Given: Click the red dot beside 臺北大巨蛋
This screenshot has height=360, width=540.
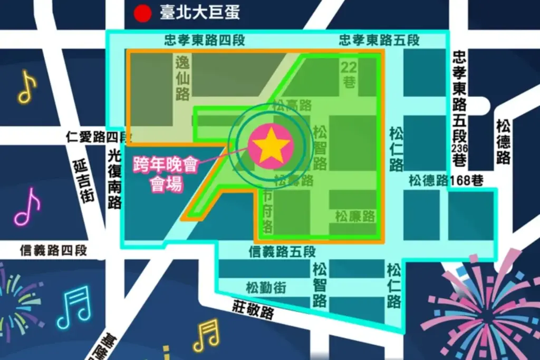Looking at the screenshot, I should click(x=142, y=14).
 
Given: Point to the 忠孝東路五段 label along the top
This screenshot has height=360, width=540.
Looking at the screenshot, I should click(x=379, y=41).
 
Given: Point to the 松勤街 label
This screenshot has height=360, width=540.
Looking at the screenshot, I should click(x=266, y=288).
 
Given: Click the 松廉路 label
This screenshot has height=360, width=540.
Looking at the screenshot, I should click(x=354, y=216).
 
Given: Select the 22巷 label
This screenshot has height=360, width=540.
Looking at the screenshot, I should click(x=349, y=74).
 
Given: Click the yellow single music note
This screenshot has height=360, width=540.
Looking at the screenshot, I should click(x=27, y=87).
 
